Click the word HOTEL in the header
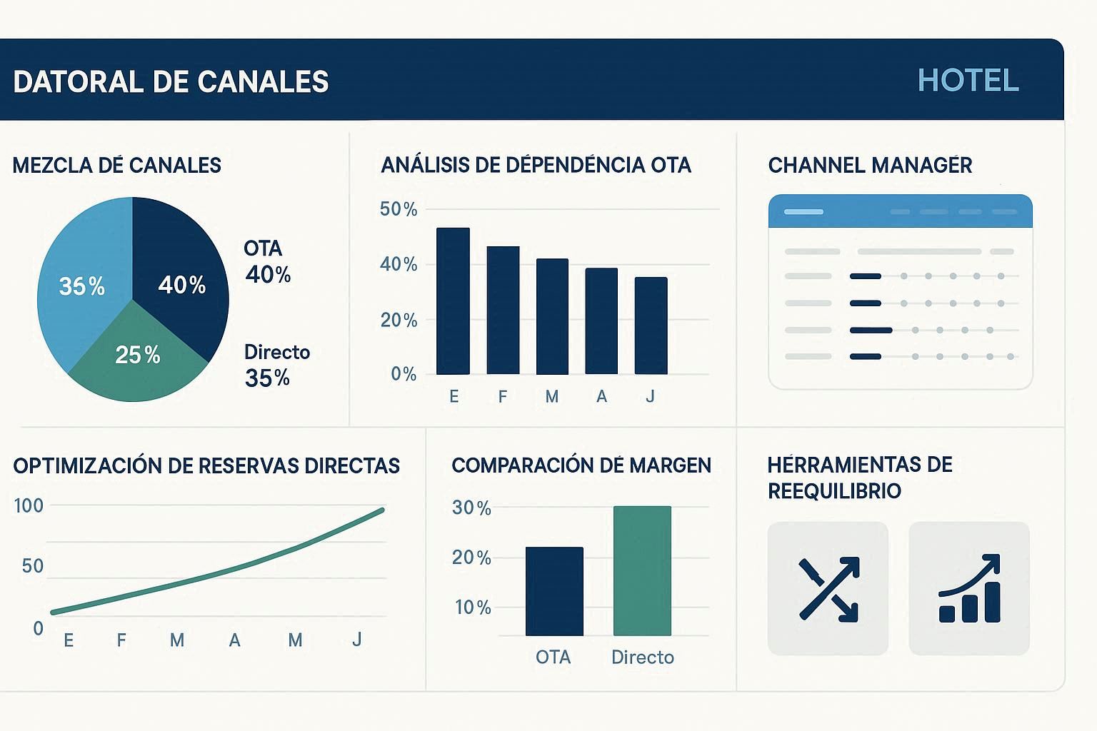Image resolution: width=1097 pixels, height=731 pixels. pos(968,81)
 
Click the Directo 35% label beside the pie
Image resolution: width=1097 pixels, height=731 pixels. pos(276,365)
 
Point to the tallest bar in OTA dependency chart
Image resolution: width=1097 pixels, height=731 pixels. pos(453,301)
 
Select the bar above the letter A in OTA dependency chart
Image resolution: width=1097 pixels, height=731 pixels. pos(601,321)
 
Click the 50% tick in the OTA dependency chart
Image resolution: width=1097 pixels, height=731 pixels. pos(399,209)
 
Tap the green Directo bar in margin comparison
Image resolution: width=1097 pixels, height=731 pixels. pos(642,570)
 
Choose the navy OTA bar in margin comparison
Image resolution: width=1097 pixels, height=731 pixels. pos(554,591)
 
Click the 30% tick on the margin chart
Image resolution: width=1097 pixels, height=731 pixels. pos(471,508)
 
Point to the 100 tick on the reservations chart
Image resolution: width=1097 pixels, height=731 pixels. pos(29,506)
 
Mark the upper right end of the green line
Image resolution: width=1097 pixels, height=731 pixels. pos(381,510)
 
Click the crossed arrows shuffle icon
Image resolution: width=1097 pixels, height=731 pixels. pos(828,589)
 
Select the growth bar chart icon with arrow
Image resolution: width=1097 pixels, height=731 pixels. pos(969,589)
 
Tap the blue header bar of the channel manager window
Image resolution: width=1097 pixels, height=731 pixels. pos(900,211)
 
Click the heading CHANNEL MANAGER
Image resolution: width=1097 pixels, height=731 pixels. pos(870,166)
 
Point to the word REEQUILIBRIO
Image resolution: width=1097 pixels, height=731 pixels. pos(834,491)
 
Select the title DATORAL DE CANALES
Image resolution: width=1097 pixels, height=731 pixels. pos(171,82)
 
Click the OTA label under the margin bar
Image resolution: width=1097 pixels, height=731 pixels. pos(553,657)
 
